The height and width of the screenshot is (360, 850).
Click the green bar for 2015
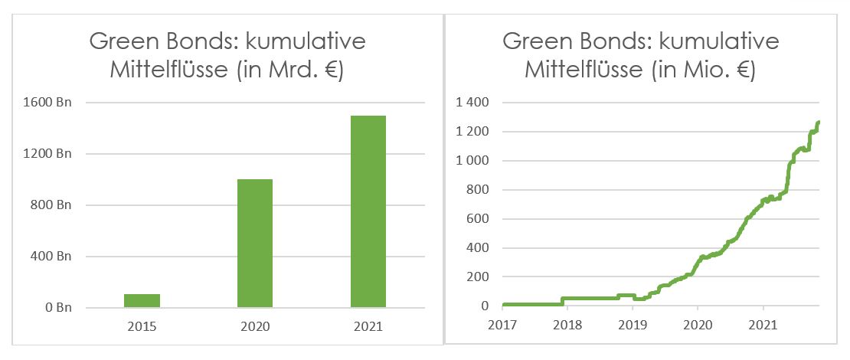142,300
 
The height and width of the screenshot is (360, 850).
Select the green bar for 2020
255,243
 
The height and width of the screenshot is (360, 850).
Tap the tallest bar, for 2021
368,211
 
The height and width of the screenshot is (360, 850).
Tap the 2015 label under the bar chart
142,327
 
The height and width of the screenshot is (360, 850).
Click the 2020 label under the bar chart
255,327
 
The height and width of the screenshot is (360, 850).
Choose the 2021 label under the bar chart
368,327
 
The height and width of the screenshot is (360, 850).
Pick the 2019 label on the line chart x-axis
632,325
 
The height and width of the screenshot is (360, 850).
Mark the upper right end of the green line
819,123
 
